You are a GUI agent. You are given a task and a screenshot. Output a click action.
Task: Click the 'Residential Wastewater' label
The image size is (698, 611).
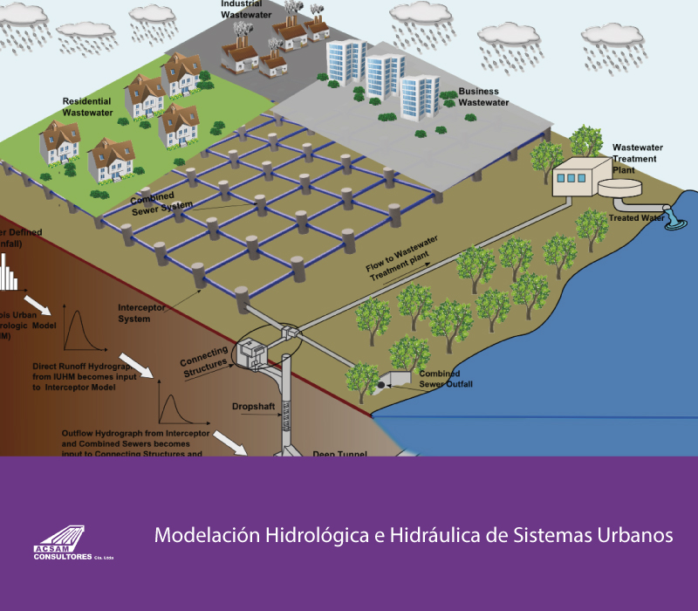(x=89, y=106)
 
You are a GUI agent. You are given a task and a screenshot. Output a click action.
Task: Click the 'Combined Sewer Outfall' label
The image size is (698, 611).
(x=441, y=379)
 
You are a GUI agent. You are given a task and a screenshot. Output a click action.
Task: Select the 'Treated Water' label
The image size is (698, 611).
(x=636, y=217)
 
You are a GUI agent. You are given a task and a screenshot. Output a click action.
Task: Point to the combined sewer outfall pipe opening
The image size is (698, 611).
(x=385, y=383)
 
